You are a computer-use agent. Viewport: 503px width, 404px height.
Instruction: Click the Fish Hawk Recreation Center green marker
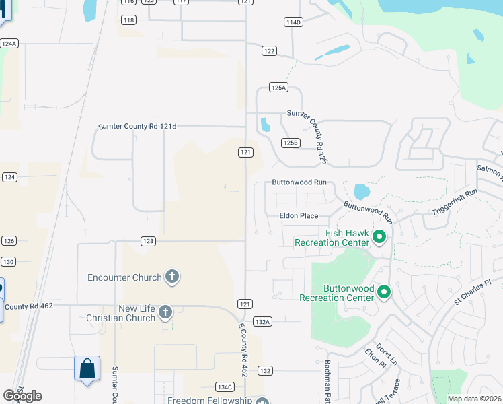(379, 236)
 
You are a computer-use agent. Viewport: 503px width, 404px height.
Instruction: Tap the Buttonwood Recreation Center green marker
(384, 292)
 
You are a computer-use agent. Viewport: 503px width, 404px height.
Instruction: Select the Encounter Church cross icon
(172, 277)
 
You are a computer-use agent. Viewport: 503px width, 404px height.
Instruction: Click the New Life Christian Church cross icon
(165, 312)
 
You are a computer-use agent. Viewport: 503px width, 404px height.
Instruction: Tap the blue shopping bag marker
(87, 369)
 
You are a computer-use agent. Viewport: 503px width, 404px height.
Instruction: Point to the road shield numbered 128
(149, 240)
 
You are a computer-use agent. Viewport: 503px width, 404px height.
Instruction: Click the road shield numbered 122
(269, 51)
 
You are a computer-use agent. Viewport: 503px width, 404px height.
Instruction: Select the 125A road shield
(278, 88)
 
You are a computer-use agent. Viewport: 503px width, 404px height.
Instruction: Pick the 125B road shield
(290, 143)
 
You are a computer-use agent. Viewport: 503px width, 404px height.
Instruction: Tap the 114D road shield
(293, 22)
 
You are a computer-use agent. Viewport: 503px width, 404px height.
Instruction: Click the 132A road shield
(262, 321)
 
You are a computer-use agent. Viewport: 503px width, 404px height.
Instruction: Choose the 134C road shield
(225, 386)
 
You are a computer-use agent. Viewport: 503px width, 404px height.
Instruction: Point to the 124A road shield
(9, 43)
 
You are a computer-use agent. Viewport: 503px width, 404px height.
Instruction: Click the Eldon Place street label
(299, 216)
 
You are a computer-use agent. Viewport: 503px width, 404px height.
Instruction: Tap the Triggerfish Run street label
(454, 202)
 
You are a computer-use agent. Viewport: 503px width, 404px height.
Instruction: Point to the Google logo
(22, 395)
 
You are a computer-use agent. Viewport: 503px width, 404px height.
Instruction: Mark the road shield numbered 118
(129, 20)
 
